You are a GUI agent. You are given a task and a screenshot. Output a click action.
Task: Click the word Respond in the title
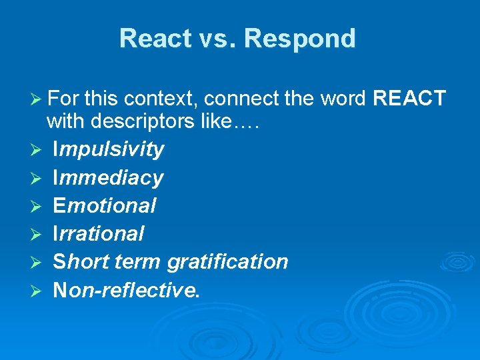pyautogui.click(x=300, y=39)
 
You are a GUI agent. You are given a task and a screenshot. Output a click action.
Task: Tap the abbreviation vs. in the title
pyautogui.click(x=215, y=39)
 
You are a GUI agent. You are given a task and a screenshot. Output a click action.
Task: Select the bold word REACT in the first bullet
pyautogui.click(x=409, y=99)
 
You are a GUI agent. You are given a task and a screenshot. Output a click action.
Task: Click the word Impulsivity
pyautogui.click(x=108, y=149)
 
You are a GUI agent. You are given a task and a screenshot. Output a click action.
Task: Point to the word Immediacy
pyautogui.click(x=107, y=177)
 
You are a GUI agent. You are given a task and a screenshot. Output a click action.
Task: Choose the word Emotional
pyautogui.click(x=104, y=205)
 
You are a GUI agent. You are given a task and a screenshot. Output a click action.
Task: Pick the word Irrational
pyautogui.click(x=98, y=233)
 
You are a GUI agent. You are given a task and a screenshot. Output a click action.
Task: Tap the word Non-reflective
pyautogui.click(x=125, y=289)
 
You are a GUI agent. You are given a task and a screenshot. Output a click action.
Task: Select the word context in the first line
pyautogui.click(x=161, y=99)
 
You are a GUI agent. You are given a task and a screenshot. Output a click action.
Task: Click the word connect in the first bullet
pyautogui.click(x=233, y=99)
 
